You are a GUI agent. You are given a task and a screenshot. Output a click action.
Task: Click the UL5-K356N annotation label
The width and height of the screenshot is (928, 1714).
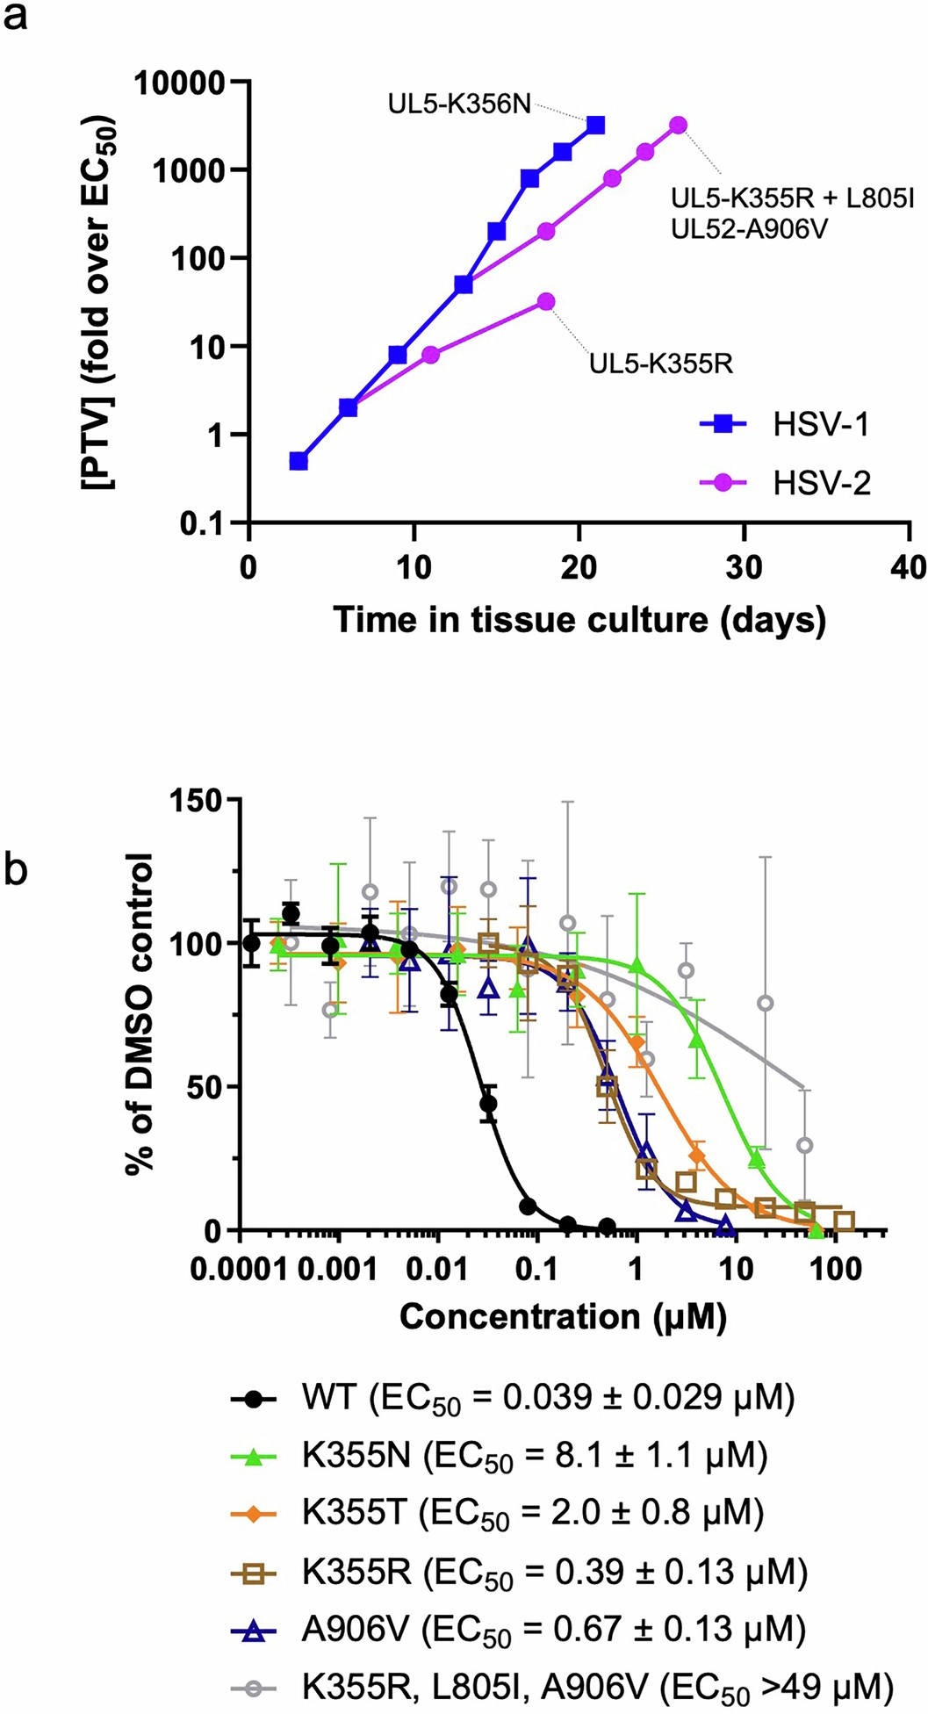[459, 105]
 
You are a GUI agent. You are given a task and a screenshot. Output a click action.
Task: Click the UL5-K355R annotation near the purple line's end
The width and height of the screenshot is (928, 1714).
[660, 364]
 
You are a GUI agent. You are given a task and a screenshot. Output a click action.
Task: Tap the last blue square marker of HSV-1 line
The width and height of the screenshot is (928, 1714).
[596, 126]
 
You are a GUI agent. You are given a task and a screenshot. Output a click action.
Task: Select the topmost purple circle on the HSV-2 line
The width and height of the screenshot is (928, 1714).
[678, 126]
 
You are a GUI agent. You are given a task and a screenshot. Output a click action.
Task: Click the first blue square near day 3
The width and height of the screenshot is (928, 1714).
[299, 461]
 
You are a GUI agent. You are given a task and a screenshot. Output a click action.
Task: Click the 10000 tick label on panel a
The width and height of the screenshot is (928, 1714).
[179, 83]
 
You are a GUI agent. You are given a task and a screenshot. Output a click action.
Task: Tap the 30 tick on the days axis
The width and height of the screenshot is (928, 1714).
[744, 567]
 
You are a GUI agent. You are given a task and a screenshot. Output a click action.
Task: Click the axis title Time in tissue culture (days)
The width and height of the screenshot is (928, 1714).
[579, 620]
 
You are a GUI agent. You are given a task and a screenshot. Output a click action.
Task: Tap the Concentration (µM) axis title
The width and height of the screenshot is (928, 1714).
[563, 1316]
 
